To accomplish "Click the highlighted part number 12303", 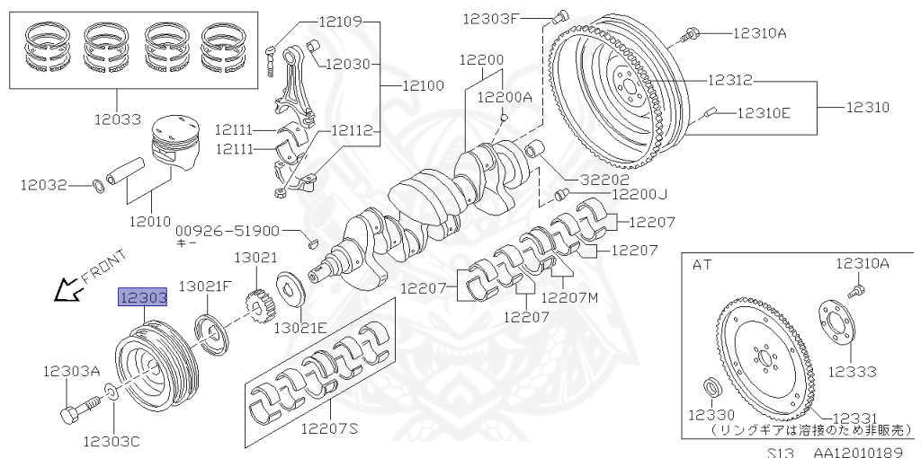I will [142, 297].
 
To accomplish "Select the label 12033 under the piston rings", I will [117, 117].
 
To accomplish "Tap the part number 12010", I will [149, 220].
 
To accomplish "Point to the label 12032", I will [44, 185].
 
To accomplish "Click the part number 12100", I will [422, 86].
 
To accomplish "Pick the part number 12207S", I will [329, 429].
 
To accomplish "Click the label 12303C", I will [112, 441].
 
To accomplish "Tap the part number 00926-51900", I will [228, 230].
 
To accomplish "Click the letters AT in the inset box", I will [702, 264].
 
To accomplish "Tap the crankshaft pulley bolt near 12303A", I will [75, 412].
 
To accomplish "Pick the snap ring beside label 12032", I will [99, 186].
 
